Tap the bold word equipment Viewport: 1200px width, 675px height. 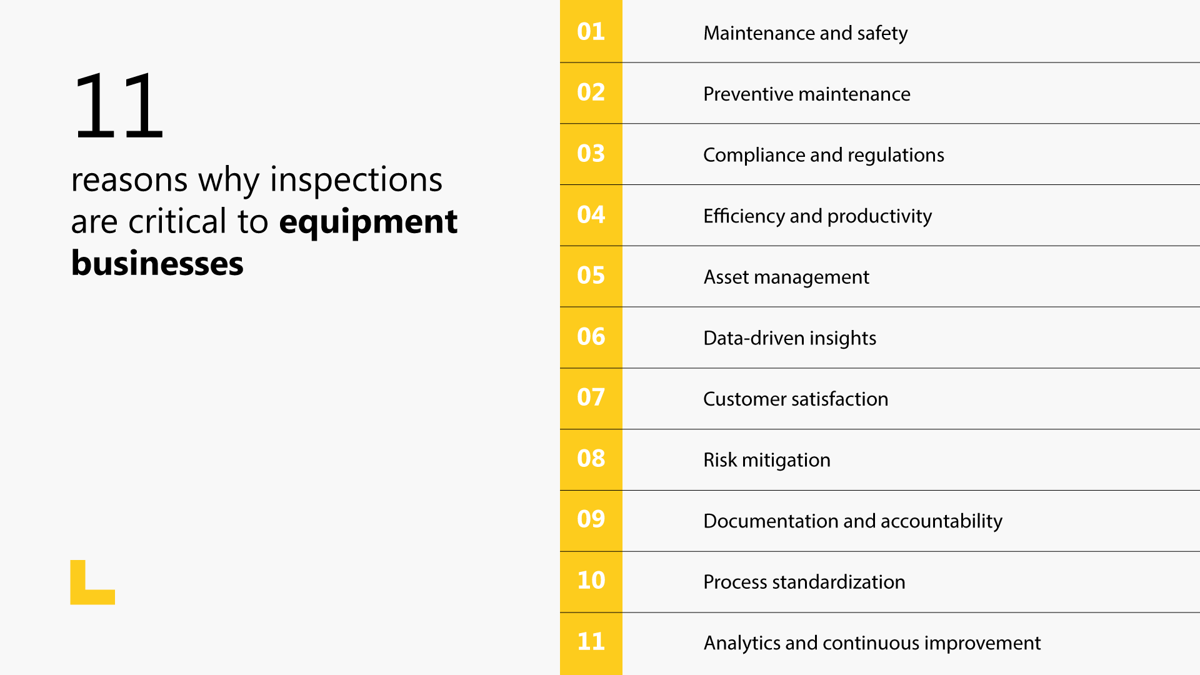tap(367, 222)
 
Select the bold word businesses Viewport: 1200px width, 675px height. tap(157, 263)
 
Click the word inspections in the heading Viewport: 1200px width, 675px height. tap(356, 181)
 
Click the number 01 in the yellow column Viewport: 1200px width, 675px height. tap(591, 31)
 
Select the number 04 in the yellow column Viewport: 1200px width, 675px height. tap(591, 214)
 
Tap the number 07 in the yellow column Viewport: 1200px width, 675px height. tap(591, 397)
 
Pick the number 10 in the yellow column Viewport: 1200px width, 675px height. tap(591, 581)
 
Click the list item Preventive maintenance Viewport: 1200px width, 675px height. tap(806, 94)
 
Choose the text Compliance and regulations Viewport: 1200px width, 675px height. tap(823, 155)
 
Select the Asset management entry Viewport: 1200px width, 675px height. tap(786, 277)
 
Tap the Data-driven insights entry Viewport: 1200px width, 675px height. tap(789, 338)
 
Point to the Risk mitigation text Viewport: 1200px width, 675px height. tap(766, 460)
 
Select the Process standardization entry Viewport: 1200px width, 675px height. tap(804, 582)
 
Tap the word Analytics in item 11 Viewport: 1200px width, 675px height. tap(742, 643)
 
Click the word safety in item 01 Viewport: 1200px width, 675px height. tap(882, 33)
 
